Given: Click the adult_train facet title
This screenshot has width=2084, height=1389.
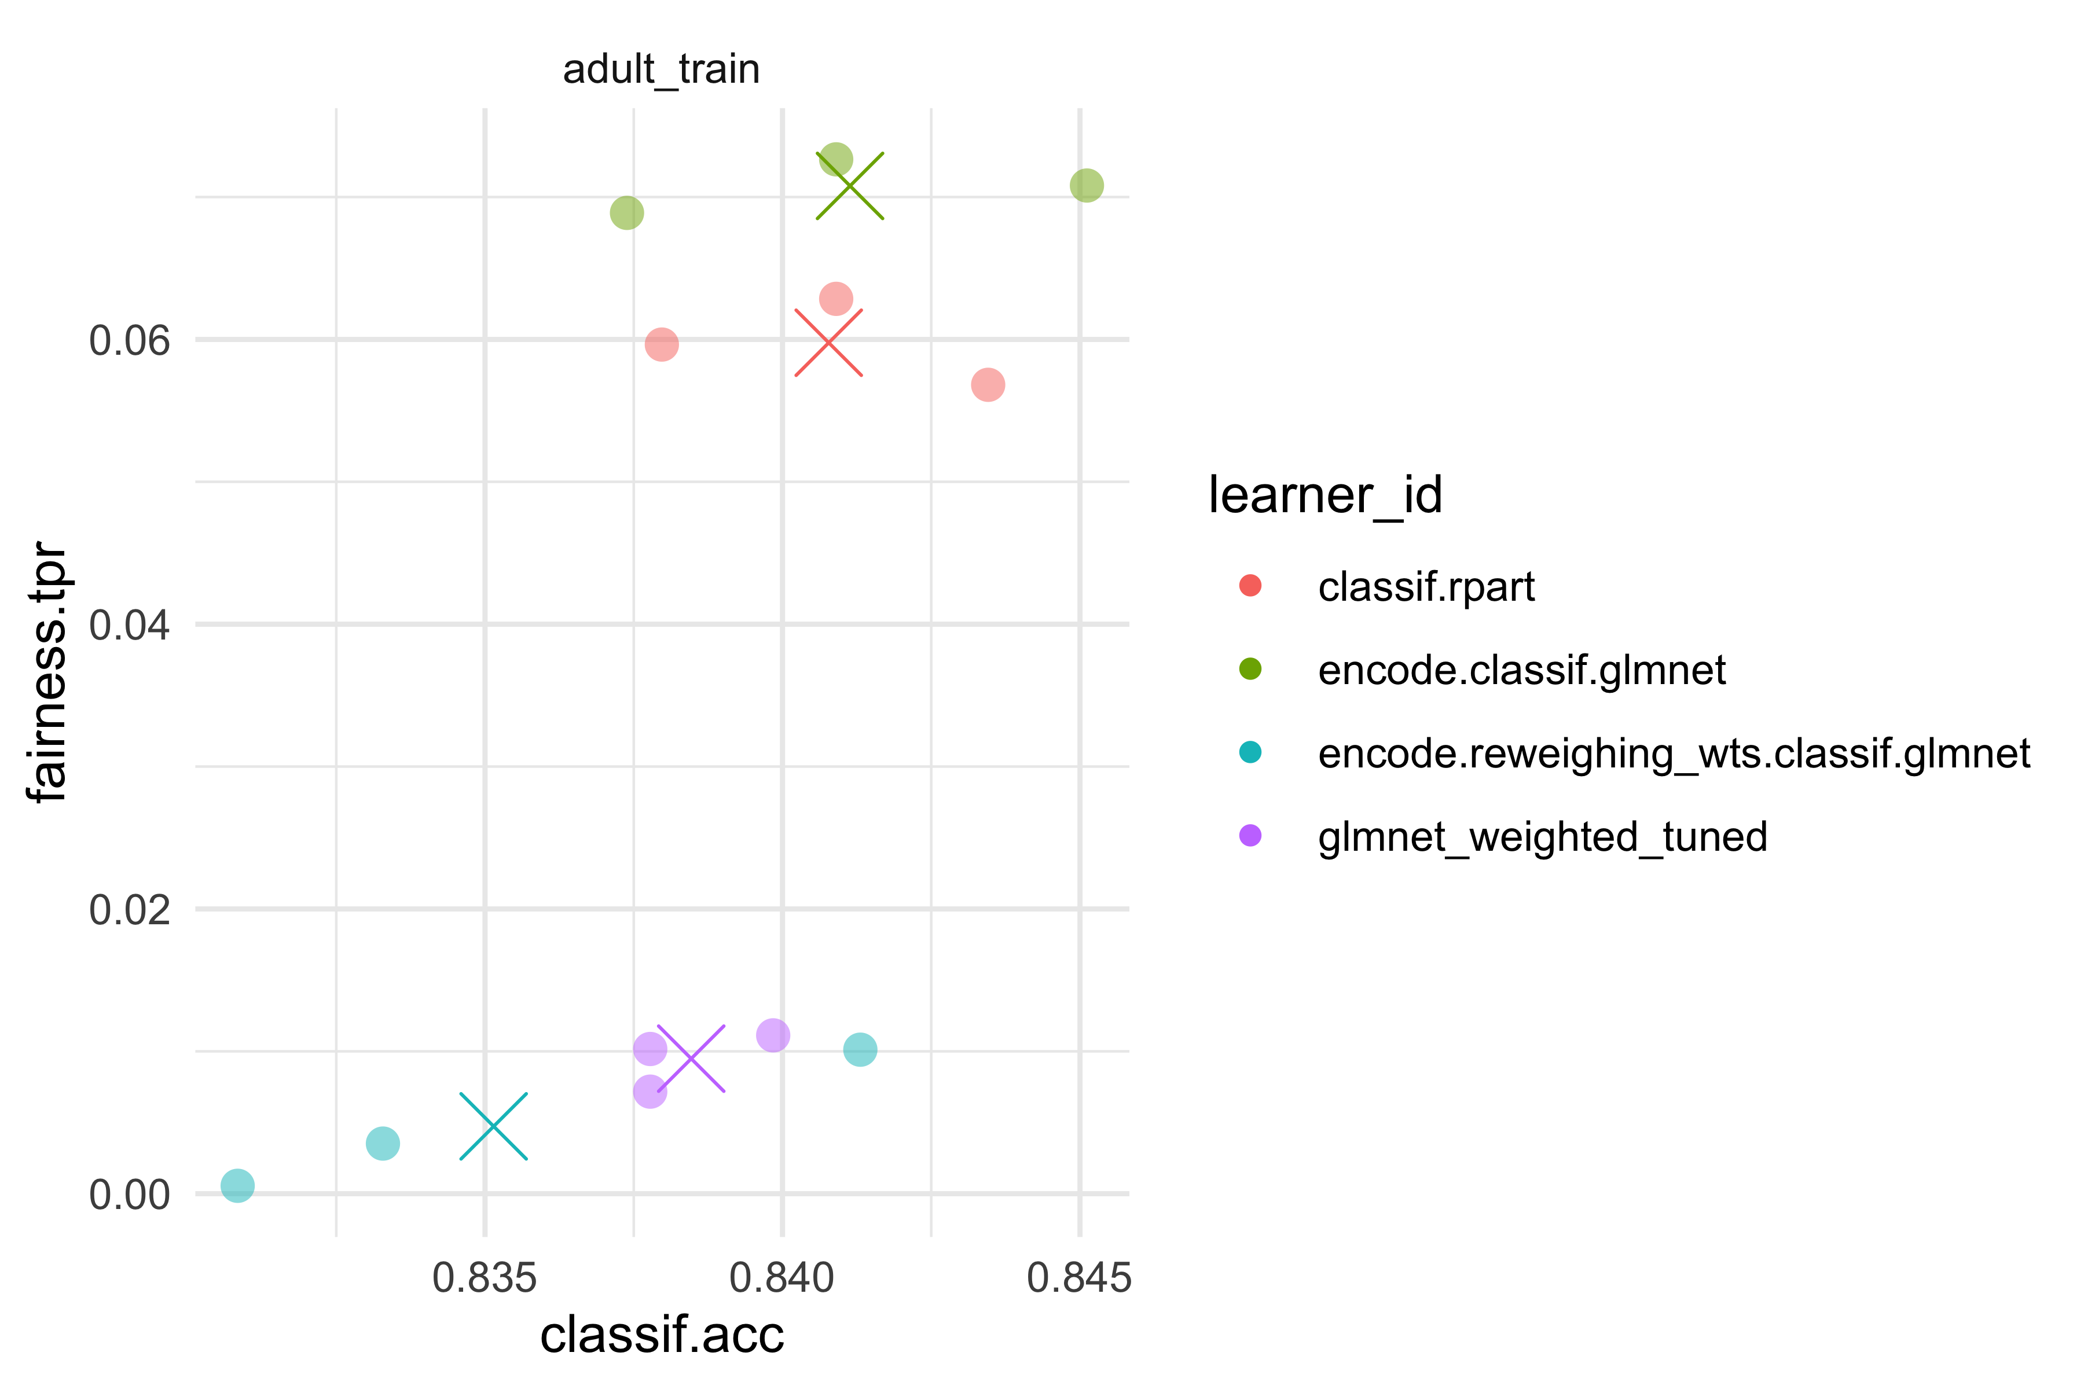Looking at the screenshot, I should pyautogui.click(x=661, y=69).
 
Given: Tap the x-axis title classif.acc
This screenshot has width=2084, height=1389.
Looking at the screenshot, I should pyautogui.click(x=661, y=1335).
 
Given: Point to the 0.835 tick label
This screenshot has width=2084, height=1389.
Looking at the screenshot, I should pyautogui.click(x=485, y=1278).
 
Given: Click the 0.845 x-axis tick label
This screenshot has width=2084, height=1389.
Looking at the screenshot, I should pyautogui.click(x=1078, y=1278).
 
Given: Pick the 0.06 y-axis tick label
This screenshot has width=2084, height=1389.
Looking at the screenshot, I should pyautogui.click(x=129, y=340).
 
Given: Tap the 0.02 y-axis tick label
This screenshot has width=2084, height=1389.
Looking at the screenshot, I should pyautogui.click(x=129, y=910).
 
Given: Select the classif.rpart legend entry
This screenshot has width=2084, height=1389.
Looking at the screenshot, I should pyautogui.click(x=1426, y=586).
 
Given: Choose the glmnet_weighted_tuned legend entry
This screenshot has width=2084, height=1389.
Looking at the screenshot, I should pyautogui.click(x=1542, y=837).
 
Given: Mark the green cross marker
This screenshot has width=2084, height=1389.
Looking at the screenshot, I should pyautogui.click(x=850, y=186).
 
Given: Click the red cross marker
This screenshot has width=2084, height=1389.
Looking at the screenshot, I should pyautogui.click(x=828, y=343).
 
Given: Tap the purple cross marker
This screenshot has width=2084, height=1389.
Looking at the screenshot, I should pyautogui.click(x=691, y=1058).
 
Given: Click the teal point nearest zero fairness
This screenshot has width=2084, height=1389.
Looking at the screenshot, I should pyautogui.click(x=237, y=1185).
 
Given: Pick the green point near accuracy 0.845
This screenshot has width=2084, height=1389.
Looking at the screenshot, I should pyautogui.click(x=1087, y=186).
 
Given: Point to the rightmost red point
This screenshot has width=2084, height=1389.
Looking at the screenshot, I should pyautogui.click(x=987, y=384).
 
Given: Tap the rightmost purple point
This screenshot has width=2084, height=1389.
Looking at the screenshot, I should pyautogui.click(x=773, y=1035).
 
